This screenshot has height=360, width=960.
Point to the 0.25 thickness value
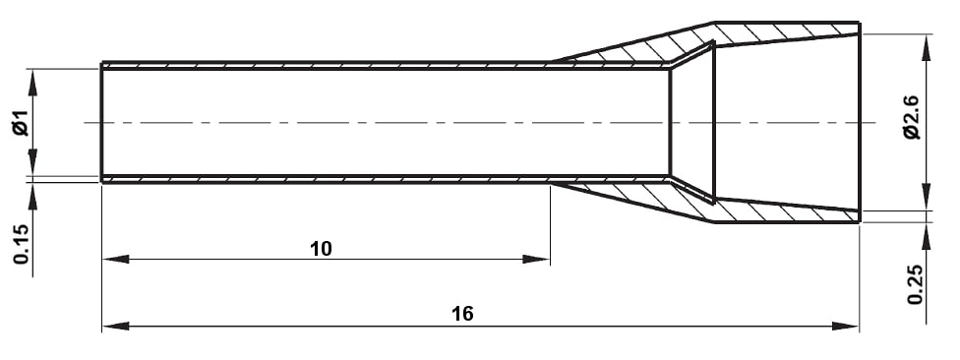pyautogui.click(x=916, y=284)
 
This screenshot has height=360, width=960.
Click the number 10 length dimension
pyautogui.click(x=321, y=249)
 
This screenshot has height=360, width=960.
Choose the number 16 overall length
pyautogui.click(x=462, y=314)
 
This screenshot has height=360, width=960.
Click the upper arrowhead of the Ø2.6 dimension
pyautogui.click(x=925, y=45)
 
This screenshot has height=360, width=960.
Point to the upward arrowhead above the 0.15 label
pyautogui.click(x=32, y=194)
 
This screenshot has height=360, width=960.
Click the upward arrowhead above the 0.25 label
pyautogui.click(x=925, y=235)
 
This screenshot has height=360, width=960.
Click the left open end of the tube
pyautogui.click(x=102, y=123)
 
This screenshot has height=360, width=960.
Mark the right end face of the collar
pyautogui.click(x=859, y=123)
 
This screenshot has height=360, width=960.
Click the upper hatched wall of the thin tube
pyautogui.click(x=325, y=65)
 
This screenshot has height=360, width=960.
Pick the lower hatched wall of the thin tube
pyautogui.click(x=325, y=180)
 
